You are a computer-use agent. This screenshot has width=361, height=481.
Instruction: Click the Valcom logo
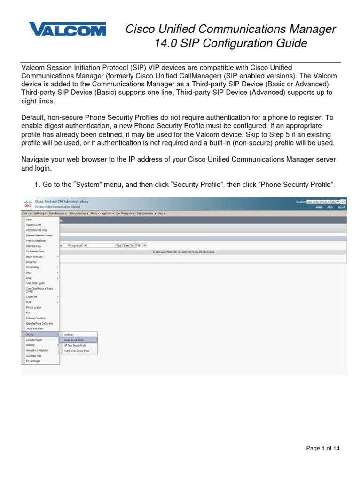click(x=67, y=30)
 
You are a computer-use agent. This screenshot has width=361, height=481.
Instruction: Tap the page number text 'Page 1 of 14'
click(x=322, y=449)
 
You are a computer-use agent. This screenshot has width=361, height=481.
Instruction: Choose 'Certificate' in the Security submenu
click(x=69, y=334)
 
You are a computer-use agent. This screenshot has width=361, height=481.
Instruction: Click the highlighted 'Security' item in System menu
click(x=31, y=334)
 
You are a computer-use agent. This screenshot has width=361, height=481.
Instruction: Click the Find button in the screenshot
click(x=118, y=245)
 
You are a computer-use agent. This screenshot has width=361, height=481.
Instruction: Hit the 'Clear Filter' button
click(x=129, y=245)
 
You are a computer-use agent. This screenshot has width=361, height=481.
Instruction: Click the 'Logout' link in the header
click(x=341, y=207)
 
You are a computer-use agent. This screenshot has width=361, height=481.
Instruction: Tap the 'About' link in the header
click(x=330, y=207)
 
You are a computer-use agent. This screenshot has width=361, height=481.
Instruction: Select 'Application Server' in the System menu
click(x=34, y=339)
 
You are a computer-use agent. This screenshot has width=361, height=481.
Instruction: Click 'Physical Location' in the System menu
click(x=34, y=307)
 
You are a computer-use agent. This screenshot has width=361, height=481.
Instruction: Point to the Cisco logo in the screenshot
click(x=27, y=203)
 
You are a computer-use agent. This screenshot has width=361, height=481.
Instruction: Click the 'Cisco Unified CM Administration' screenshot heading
click(x=62, y=202)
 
